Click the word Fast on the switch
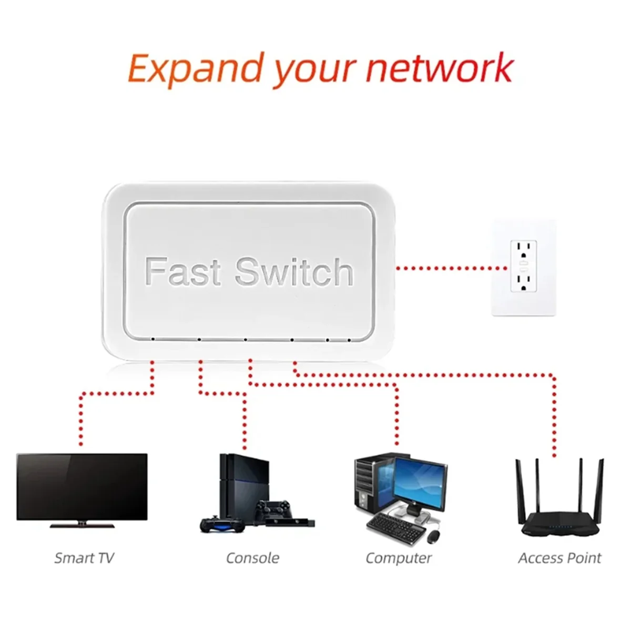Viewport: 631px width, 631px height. (x=182, y=271)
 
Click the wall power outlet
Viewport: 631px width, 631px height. (x=524, y=268)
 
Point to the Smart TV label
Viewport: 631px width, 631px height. (x=84, y=558)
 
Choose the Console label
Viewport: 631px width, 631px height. (x=252, y=558)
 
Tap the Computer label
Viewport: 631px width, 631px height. (x=399, y=558)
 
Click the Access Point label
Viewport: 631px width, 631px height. (x=559, y=558)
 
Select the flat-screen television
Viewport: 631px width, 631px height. (x=82, y=486)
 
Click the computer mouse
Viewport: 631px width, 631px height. (x=433, y=536)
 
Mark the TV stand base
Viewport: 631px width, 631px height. (x=82, y=524)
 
